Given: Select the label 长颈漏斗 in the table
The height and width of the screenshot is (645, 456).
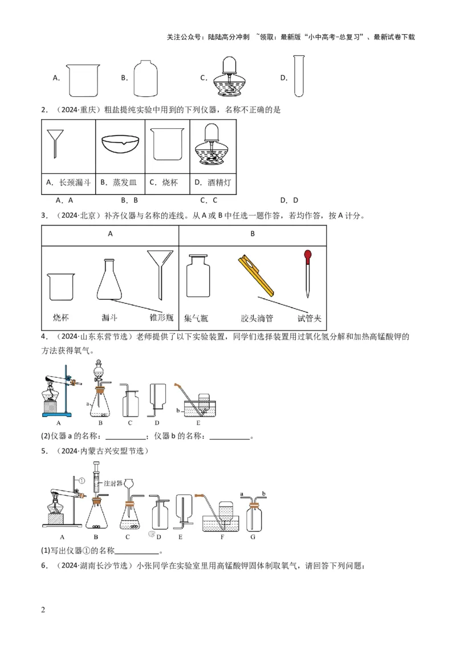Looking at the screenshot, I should pyautogui.click(x=71, y=182).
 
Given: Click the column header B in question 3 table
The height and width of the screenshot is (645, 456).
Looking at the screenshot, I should pyautogui.click(x=253, y=234).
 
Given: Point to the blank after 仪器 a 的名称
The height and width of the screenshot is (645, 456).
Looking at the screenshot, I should pyautogui.click(x=126, y=437).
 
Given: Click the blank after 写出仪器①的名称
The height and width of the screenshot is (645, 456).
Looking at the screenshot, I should pyautogui.click(x=137, y=551).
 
